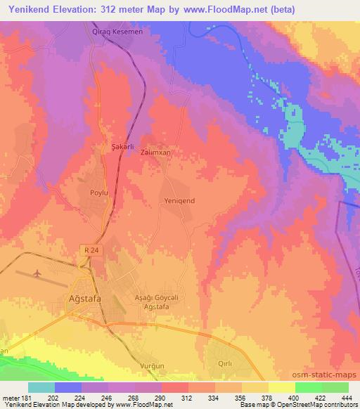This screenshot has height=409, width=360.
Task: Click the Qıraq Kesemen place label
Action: click(x=117, y=32)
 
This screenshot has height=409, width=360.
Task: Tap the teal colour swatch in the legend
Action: click(x=41, y=387)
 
